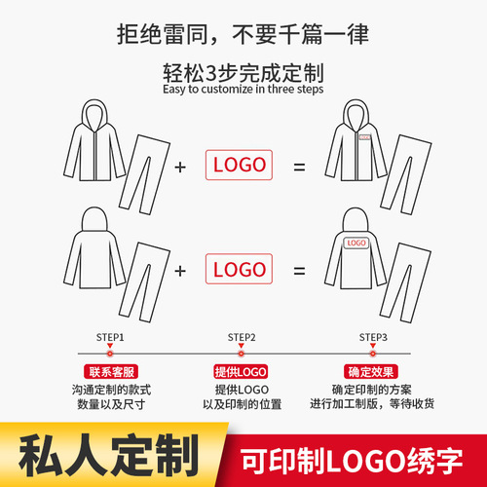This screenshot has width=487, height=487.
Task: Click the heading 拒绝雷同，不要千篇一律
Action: point(243,37)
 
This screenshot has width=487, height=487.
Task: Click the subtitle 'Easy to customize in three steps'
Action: point(243,88)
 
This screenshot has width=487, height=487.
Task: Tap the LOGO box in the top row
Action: point(239,165)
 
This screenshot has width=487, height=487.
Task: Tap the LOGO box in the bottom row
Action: point(239,268)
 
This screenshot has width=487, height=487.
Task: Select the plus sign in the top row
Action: point(179,166)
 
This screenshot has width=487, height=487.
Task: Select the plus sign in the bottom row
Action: point(179,269)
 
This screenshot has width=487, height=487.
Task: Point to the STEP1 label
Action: point(109,337)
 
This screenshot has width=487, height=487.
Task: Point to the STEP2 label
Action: point(242,337)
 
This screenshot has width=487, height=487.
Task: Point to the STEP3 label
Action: point(373,337)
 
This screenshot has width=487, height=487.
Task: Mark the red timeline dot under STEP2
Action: point(242,352)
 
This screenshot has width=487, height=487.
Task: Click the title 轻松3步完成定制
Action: point(243,71)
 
